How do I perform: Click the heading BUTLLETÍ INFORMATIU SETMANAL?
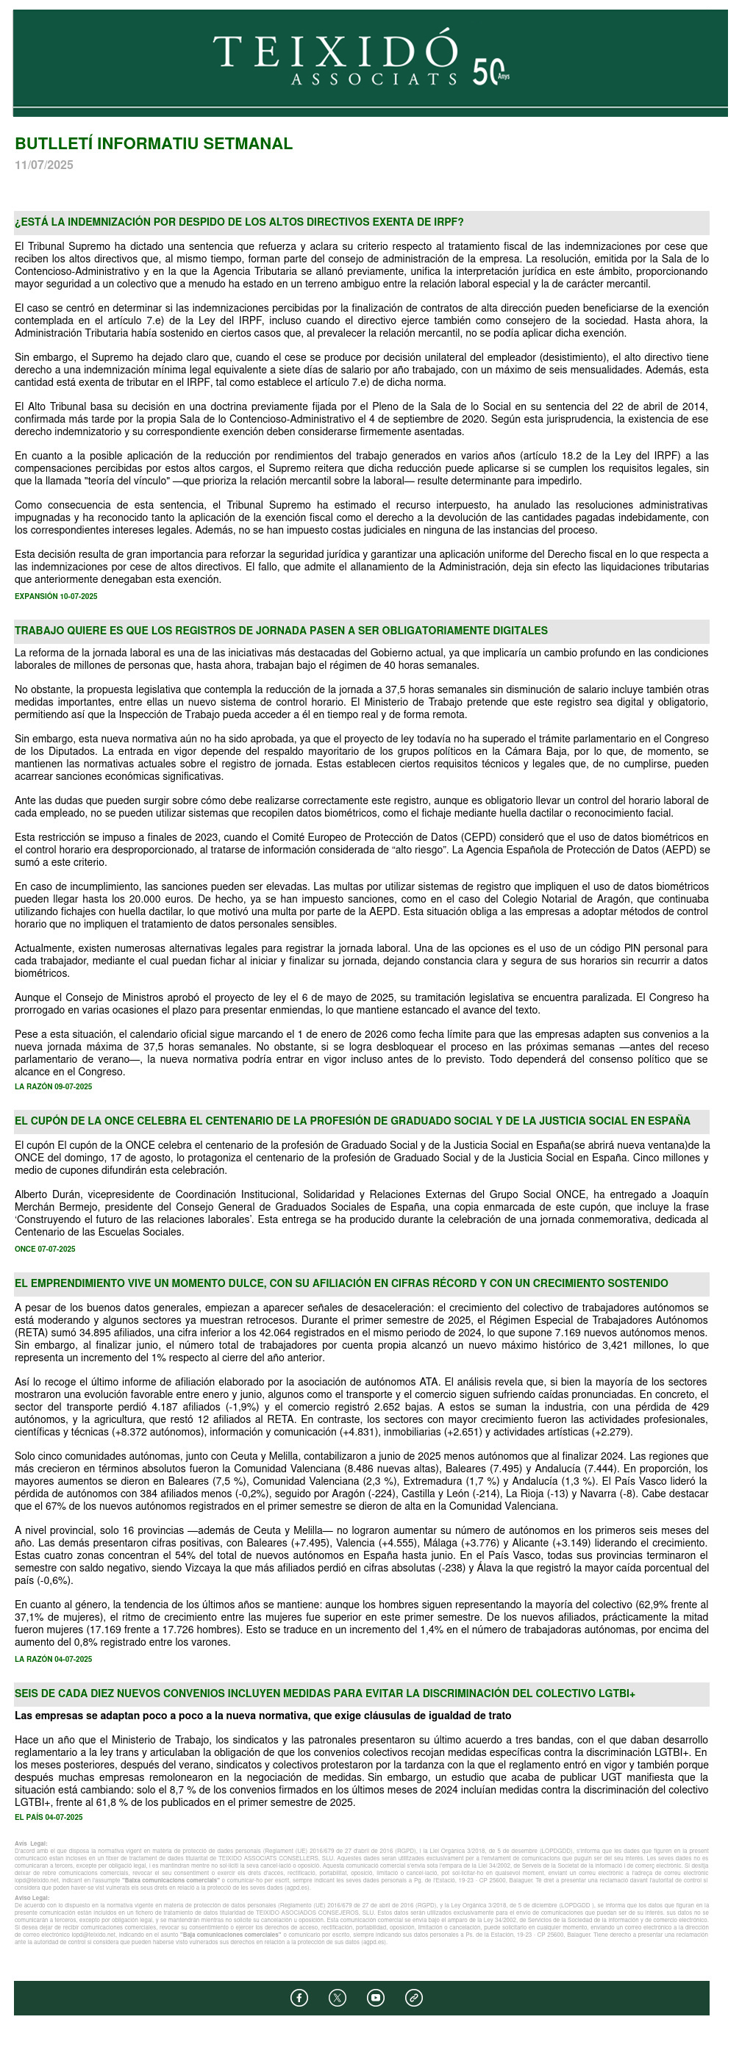click(x=154, y=144)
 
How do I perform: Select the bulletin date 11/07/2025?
click(x=44, y=165)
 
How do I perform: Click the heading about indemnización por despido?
click(x=238, y=223)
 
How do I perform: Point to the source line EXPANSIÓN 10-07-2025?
click(x=56, y=596)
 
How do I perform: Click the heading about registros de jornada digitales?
click(x=281, y=631)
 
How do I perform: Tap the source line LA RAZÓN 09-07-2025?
click(x=54, y=1086)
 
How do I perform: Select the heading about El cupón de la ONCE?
click(x=351, y=1121)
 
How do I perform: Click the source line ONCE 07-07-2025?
click(x=45, y=1249)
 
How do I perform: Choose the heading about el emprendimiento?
click(x=341, y=1283)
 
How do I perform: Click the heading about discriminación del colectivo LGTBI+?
click(x=325, y=1693)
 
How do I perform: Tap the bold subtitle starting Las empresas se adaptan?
click(x=263, y=1716)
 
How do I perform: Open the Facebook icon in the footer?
click(x=299, y=1998)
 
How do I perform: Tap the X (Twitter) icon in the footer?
click(x=338, y=1998)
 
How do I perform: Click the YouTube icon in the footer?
click(x=375, y=1998)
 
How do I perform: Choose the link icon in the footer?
click(x=414, y=1998)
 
